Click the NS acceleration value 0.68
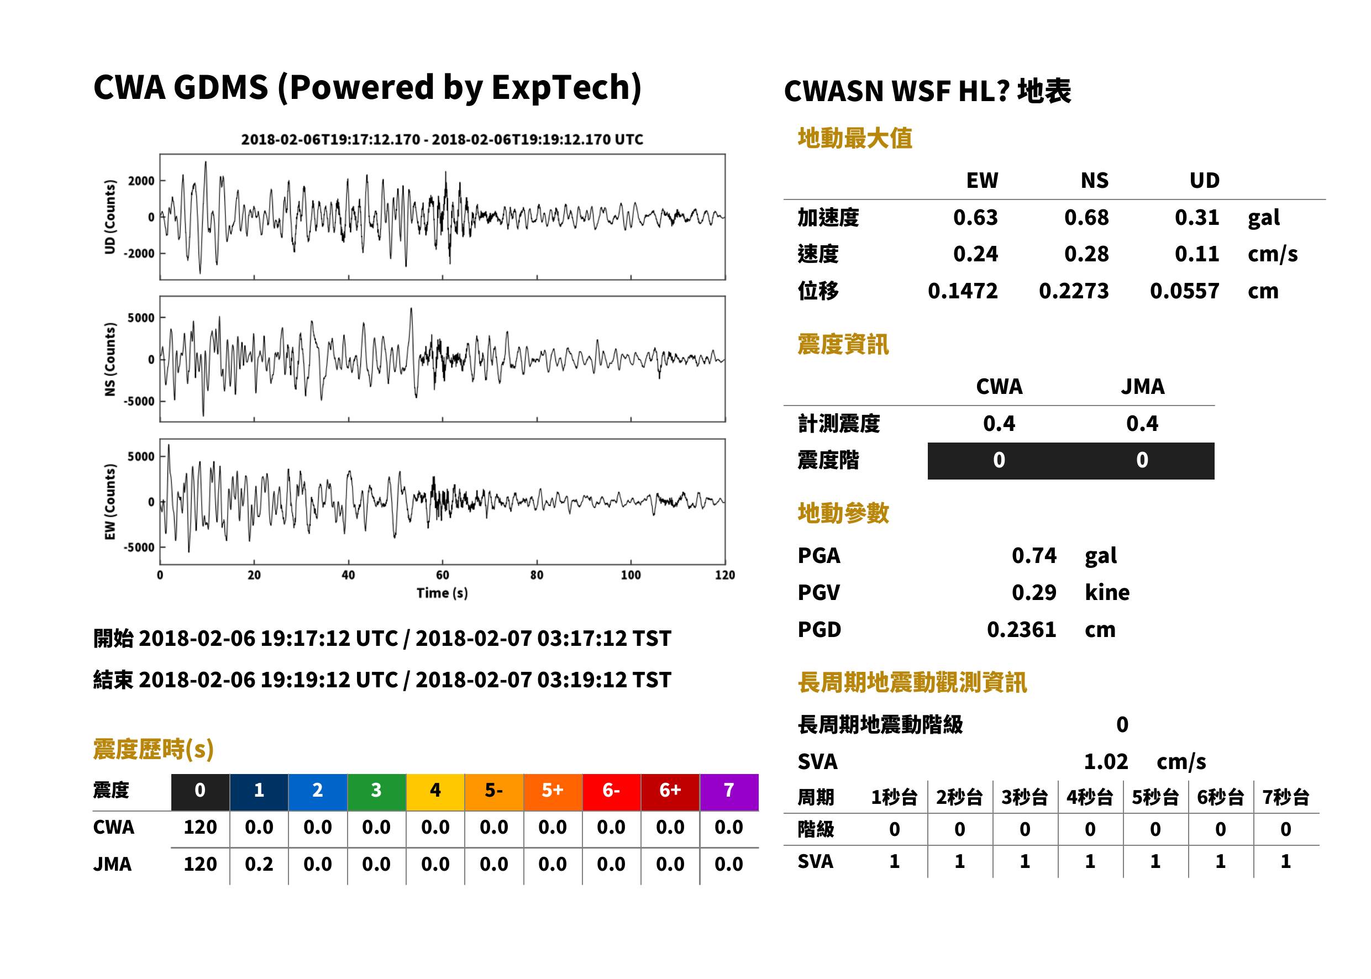(1086, 218)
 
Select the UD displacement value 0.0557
(1184, 291)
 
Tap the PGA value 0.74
(1034, 555)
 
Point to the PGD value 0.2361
(1021, 629)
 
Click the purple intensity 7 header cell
(729, 790)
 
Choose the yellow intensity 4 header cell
(435, 790)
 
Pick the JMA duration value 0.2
(259, 865)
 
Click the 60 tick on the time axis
(443, 575)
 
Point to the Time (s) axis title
(442, 593)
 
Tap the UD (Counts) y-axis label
(110, 217)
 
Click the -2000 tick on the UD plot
(139, 254)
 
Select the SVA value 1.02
(1106, 762)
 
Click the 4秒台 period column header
(1089, 798)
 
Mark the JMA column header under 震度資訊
(1143, 386)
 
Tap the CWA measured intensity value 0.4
(999, 424)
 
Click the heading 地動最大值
(855, 138)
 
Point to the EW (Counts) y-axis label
(110, 502)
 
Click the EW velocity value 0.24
(975, 254)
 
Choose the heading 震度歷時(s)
(154, 749)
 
